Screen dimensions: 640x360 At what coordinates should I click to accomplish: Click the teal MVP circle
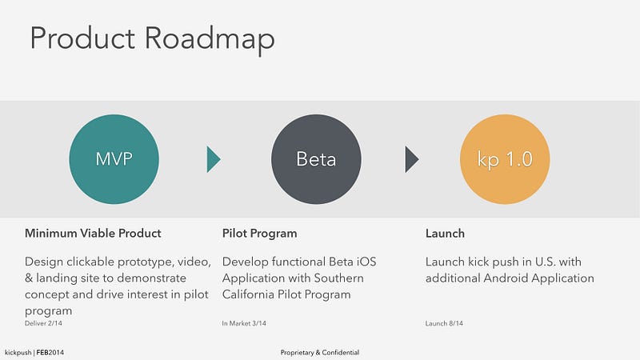click(x=114, y=159)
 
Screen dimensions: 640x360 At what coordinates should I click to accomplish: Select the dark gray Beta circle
click(x=316, y=159)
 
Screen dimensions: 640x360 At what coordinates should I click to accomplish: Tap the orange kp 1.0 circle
click(x=505, y=159)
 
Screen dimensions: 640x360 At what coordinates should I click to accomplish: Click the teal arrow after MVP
click(x=214, y=159)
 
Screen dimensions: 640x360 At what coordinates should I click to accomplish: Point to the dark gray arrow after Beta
click(x=412, y=159)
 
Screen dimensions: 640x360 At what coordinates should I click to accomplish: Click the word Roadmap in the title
click(x=210, y=39)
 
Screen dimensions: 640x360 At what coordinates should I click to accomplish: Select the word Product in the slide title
click(x=82, y=38)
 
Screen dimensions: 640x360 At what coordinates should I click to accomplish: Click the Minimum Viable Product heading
click(x=93, y=233)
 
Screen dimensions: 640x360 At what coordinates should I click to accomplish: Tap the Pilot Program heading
click(x=259, y=234)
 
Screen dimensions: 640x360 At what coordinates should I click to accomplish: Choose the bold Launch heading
click(x=445, y=234)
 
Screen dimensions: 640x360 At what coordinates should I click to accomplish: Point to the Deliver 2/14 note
click(x=43, y=323)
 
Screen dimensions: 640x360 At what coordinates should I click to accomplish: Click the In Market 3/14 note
click(x=244, y=323)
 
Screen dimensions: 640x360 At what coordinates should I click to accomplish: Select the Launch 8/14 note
click(x=444, y=323)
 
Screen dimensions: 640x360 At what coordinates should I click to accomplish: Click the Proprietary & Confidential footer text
click(x=320, y=352)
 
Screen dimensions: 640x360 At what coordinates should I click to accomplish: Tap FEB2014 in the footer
click(x=50, y=352)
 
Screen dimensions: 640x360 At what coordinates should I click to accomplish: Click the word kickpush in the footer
click(x=18, y=353)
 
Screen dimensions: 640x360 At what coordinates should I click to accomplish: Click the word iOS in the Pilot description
click(x=366, y=262)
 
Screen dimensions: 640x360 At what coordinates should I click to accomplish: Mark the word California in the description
click(x=248, y=294)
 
